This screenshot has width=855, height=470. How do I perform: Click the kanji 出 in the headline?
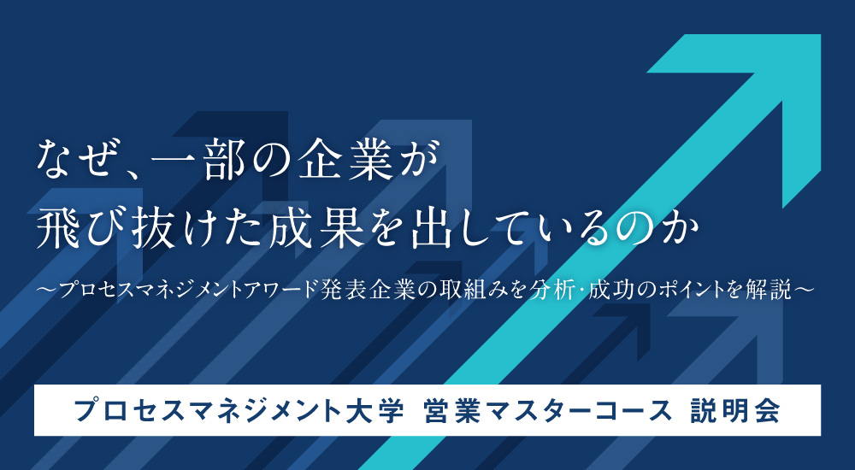(x=433, y=229)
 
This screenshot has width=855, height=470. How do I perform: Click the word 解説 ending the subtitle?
(x=771, y=290)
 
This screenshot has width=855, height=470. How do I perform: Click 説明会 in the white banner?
(x=735, y=411)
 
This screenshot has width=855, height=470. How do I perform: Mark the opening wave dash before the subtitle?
(x=48, y=290)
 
